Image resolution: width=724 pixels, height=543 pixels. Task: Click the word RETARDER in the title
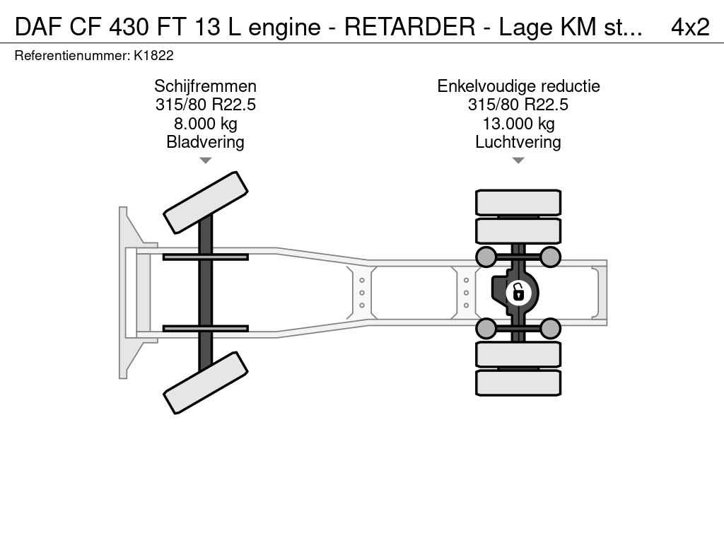coord(409,27)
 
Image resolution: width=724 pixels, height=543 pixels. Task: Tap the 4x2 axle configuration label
coord(689,27)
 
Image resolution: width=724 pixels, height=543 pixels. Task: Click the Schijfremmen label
coord(205,86)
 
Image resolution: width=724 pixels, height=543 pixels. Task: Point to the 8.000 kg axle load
coord(205,124)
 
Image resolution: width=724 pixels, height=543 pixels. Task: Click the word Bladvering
coord(205,142)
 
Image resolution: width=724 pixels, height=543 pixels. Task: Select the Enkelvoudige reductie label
coord(518,86)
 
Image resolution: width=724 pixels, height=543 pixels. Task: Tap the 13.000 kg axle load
coord(518,124)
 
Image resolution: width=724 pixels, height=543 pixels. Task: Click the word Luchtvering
coord(518,142)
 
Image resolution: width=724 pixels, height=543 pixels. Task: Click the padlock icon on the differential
coord(518,291)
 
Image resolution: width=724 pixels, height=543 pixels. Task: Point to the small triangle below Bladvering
coord(205,160)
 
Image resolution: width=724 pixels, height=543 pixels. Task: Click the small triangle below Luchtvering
coord(518,160)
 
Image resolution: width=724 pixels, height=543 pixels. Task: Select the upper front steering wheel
coord(206,202)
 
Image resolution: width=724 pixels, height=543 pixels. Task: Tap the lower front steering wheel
coord(206,383)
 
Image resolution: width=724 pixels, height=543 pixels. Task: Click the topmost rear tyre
coord(518,202)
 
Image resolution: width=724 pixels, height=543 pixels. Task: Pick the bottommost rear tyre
coord(518,383)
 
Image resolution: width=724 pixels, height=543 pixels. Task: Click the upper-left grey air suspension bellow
coord(486,256)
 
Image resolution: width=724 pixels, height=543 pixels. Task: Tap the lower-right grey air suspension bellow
coord(550,328)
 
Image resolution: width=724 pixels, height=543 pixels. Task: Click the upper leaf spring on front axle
coord(205,257)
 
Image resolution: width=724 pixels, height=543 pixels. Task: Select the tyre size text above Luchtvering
coord(518,105)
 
